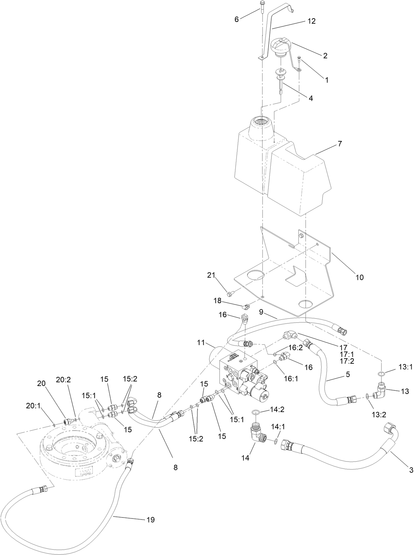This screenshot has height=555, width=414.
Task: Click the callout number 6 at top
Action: pyautogui.click(x=236, y=20)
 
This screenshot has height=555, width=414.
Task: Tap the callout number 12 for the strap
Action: pyautogui.click(x=311, y=21)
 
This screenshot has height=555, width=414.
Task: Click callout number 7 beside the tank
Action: pyautogui.click(x=340, y=144)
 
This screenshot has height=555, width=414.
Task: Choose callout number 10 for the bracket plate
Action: pyautogui.click(x=360, y=277)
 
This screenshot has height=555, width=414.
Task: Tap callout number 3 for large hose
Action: pyautogui.click(x=411, y=469)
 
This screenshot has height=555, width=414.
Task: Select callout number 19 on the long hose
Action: pyautogui.click(x=151, y=520)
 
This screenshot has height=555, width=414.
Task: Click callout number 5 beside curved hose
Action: pyautogui.click(x=347, y=375)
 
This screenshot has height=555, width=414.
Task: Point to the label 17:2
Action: pyautogui.click(x=347, y=361)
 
